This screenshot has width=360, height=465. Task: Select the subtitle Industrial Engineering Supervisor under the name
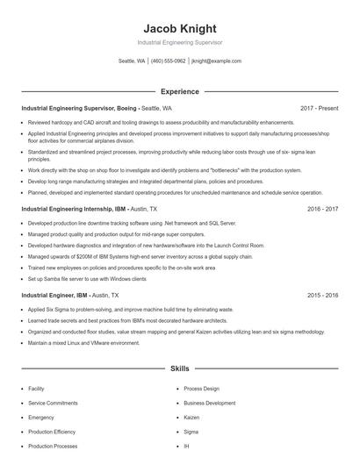[179, 42]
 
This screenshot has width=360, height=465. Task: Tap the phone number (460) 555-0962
[168, 61]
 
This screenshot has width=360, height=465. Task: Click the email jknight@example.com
[216, 61]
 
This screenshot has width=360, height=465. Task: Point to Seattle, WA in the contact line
[132, 61]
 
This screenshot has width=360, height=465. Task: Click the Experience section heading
[179, 91]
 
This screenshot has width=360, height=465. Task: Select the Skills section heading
[179, 370]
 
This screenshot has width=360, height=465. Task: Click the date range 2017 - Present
[319, 108]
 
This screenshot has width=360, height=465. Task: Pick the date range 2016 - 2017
[322, 210]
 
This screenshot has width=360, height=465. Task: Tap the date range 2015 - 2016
[322, 296]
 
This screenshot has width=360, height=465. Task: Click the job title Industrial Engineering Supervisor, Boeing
[79, 108]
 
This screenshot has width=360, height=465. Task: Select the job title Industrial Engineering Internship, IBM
[75, 210]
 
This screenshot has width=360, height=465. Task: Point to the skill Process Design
[201, 388]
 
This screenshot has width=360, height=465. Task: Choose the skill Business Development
[209, 403]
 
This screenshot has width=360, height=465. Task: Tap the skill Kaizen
[191, 418]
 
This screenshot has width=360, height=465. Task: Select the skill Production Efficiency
[52, 433]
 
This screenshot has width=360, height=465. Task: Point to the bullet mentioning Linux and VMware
[83, 343]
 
